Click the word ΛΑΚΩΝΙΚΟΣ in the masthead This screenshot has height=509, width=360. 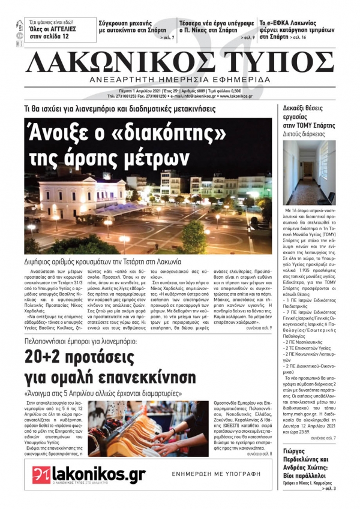point(120,62)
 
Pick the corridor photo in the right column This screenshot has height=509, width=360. point(310,173)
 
